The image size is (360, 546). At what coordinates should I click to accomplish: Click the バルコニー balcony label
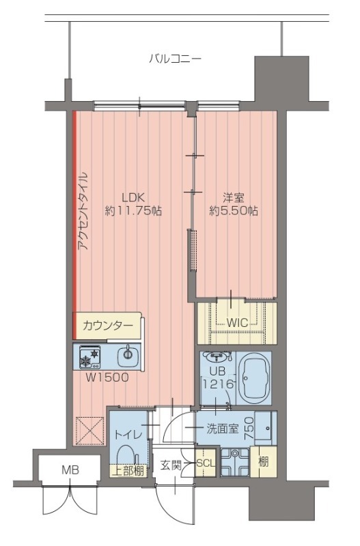point(175,59)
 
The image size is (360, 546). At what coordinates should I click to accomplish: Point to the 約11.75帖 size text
point(133,212)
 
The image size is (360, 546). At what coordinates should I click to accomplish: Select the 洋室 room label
point(234,198)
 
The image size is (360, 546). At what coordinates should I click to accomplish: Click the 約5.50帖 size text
point(234,212)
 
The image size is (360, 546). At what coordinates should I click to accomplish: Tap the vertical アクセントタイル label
point(84,212)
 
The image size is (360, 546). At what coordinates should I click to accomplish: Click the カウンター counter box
point(108,326)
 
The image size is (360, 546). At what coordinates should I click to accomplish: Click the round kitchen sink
point(127,356)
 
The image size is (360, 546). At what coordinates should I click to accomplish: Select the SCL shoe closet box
point(206,463)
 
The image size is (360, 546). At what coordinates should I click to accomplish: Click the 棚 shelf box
point(263,461)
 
